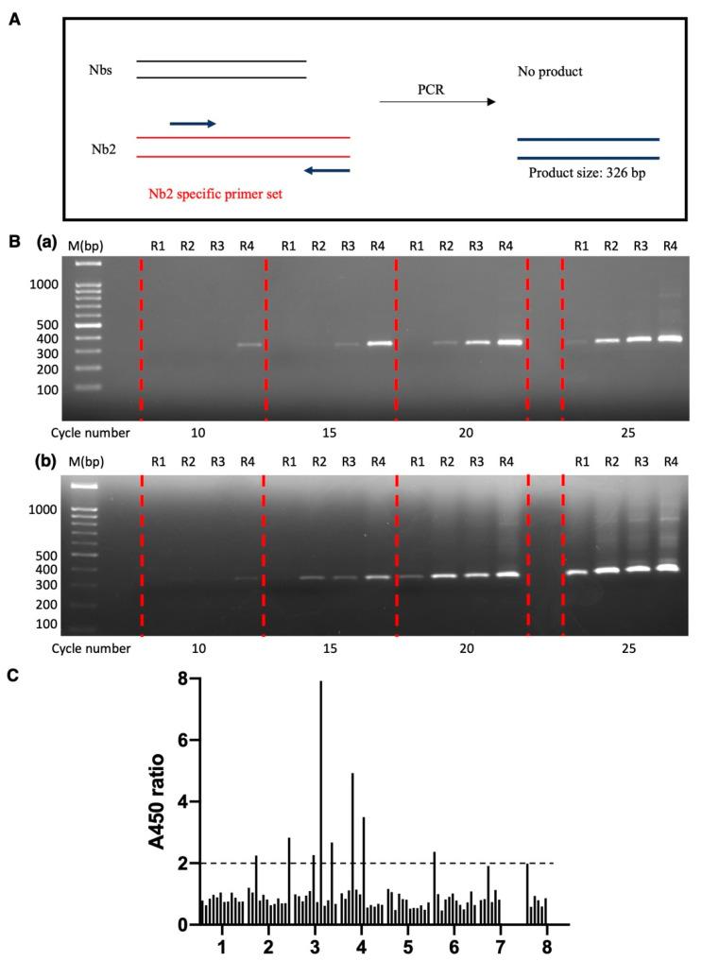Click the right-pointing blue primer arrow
click(x=193, y=123)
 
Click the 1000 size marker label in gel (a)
click(x=43, y=283)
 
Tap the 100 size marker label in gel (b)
click(x=43, y=624)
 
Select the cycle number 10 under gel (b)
click(x=202, y=650)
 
